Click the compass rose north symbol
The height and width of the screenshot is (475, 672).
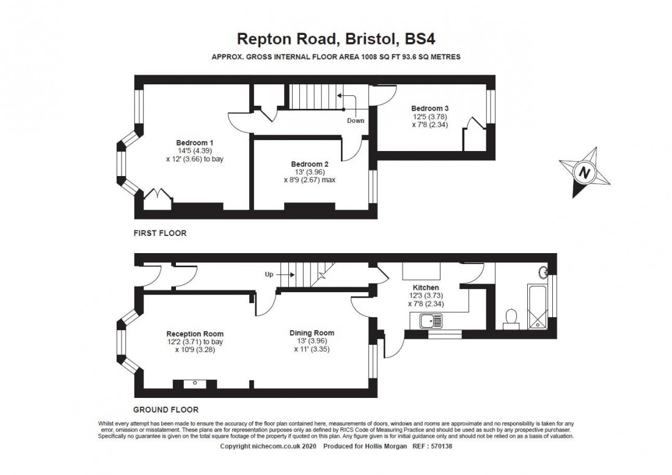(585, 172)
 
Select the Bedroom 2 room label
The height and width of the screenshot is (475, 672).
(310, 164)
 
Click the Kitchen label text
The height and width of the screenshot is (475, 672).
(426, 287)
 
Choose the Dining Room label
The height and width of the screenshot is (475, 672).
(312, 333)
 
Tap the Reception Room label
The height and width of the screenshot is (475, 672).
(195, 334)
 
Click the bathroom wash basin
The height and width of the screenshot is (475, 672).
(544, 272)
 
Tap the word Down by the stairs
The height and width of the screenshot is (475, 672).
(356, 120)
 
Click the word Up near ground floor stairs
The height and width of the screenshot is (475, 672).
(268, 274)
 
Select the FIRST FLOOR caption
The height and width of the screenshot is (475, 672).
(159, 233)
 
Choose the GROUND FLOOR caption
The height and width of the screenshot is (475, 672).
(166, 410)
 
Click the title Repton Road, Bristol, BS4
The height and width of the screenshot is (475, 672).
(335, 40)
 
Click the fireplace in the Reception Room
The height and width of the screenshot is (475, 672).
(191, 384)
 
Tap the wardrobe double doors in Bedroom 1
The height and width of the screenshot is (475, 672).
(158, 195)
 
